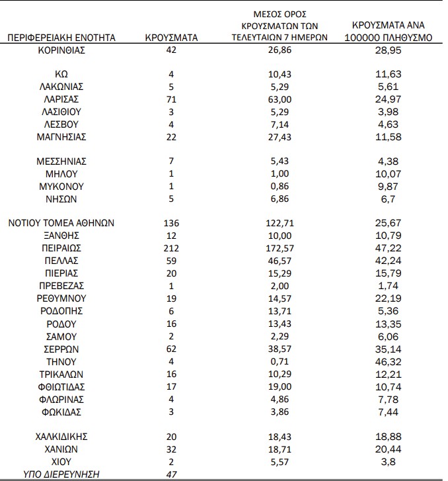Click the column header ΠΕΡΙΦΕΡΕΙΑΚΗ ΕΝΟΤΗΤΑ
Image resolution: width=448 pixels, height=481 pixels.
pyautogui.click(x=61, y=38)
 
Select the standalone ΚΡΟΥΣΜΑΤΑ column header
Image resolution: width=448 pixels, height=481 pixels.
pyautogui.click(x=171, y=38)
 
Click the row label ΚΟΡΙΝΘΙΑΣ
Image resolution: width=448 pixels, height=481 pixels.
pyautogui.click(x=61, y=50)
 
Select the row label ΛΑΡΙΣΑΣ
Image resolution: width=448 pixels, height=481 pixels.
pyautogui.click(x=61, y=99)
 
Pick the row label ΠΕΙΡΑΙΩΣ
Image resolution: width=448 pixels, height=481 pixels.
pyautogui.click(x=61, y=247)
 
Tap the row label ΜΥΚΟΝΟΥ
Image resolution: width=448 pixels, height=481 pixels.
pyautogui.click(x=61, y=186)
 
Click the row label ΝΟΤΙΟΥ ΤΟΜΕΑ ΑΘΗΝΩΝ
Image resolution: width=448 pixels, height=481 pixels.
pyautogui.click(x=61, y=223)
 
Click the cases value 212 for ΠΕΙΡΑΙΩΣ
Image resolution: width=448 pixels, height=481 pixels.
pyautogui.click(x=171, y=247)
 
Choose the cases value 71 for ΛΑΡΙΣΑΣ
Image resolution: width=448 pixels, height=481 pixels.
pyautogui.click(x=171, y=99)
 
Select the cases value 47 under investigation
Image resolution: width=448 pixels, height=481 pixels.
pyautogui.click(x=171, y=474)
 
